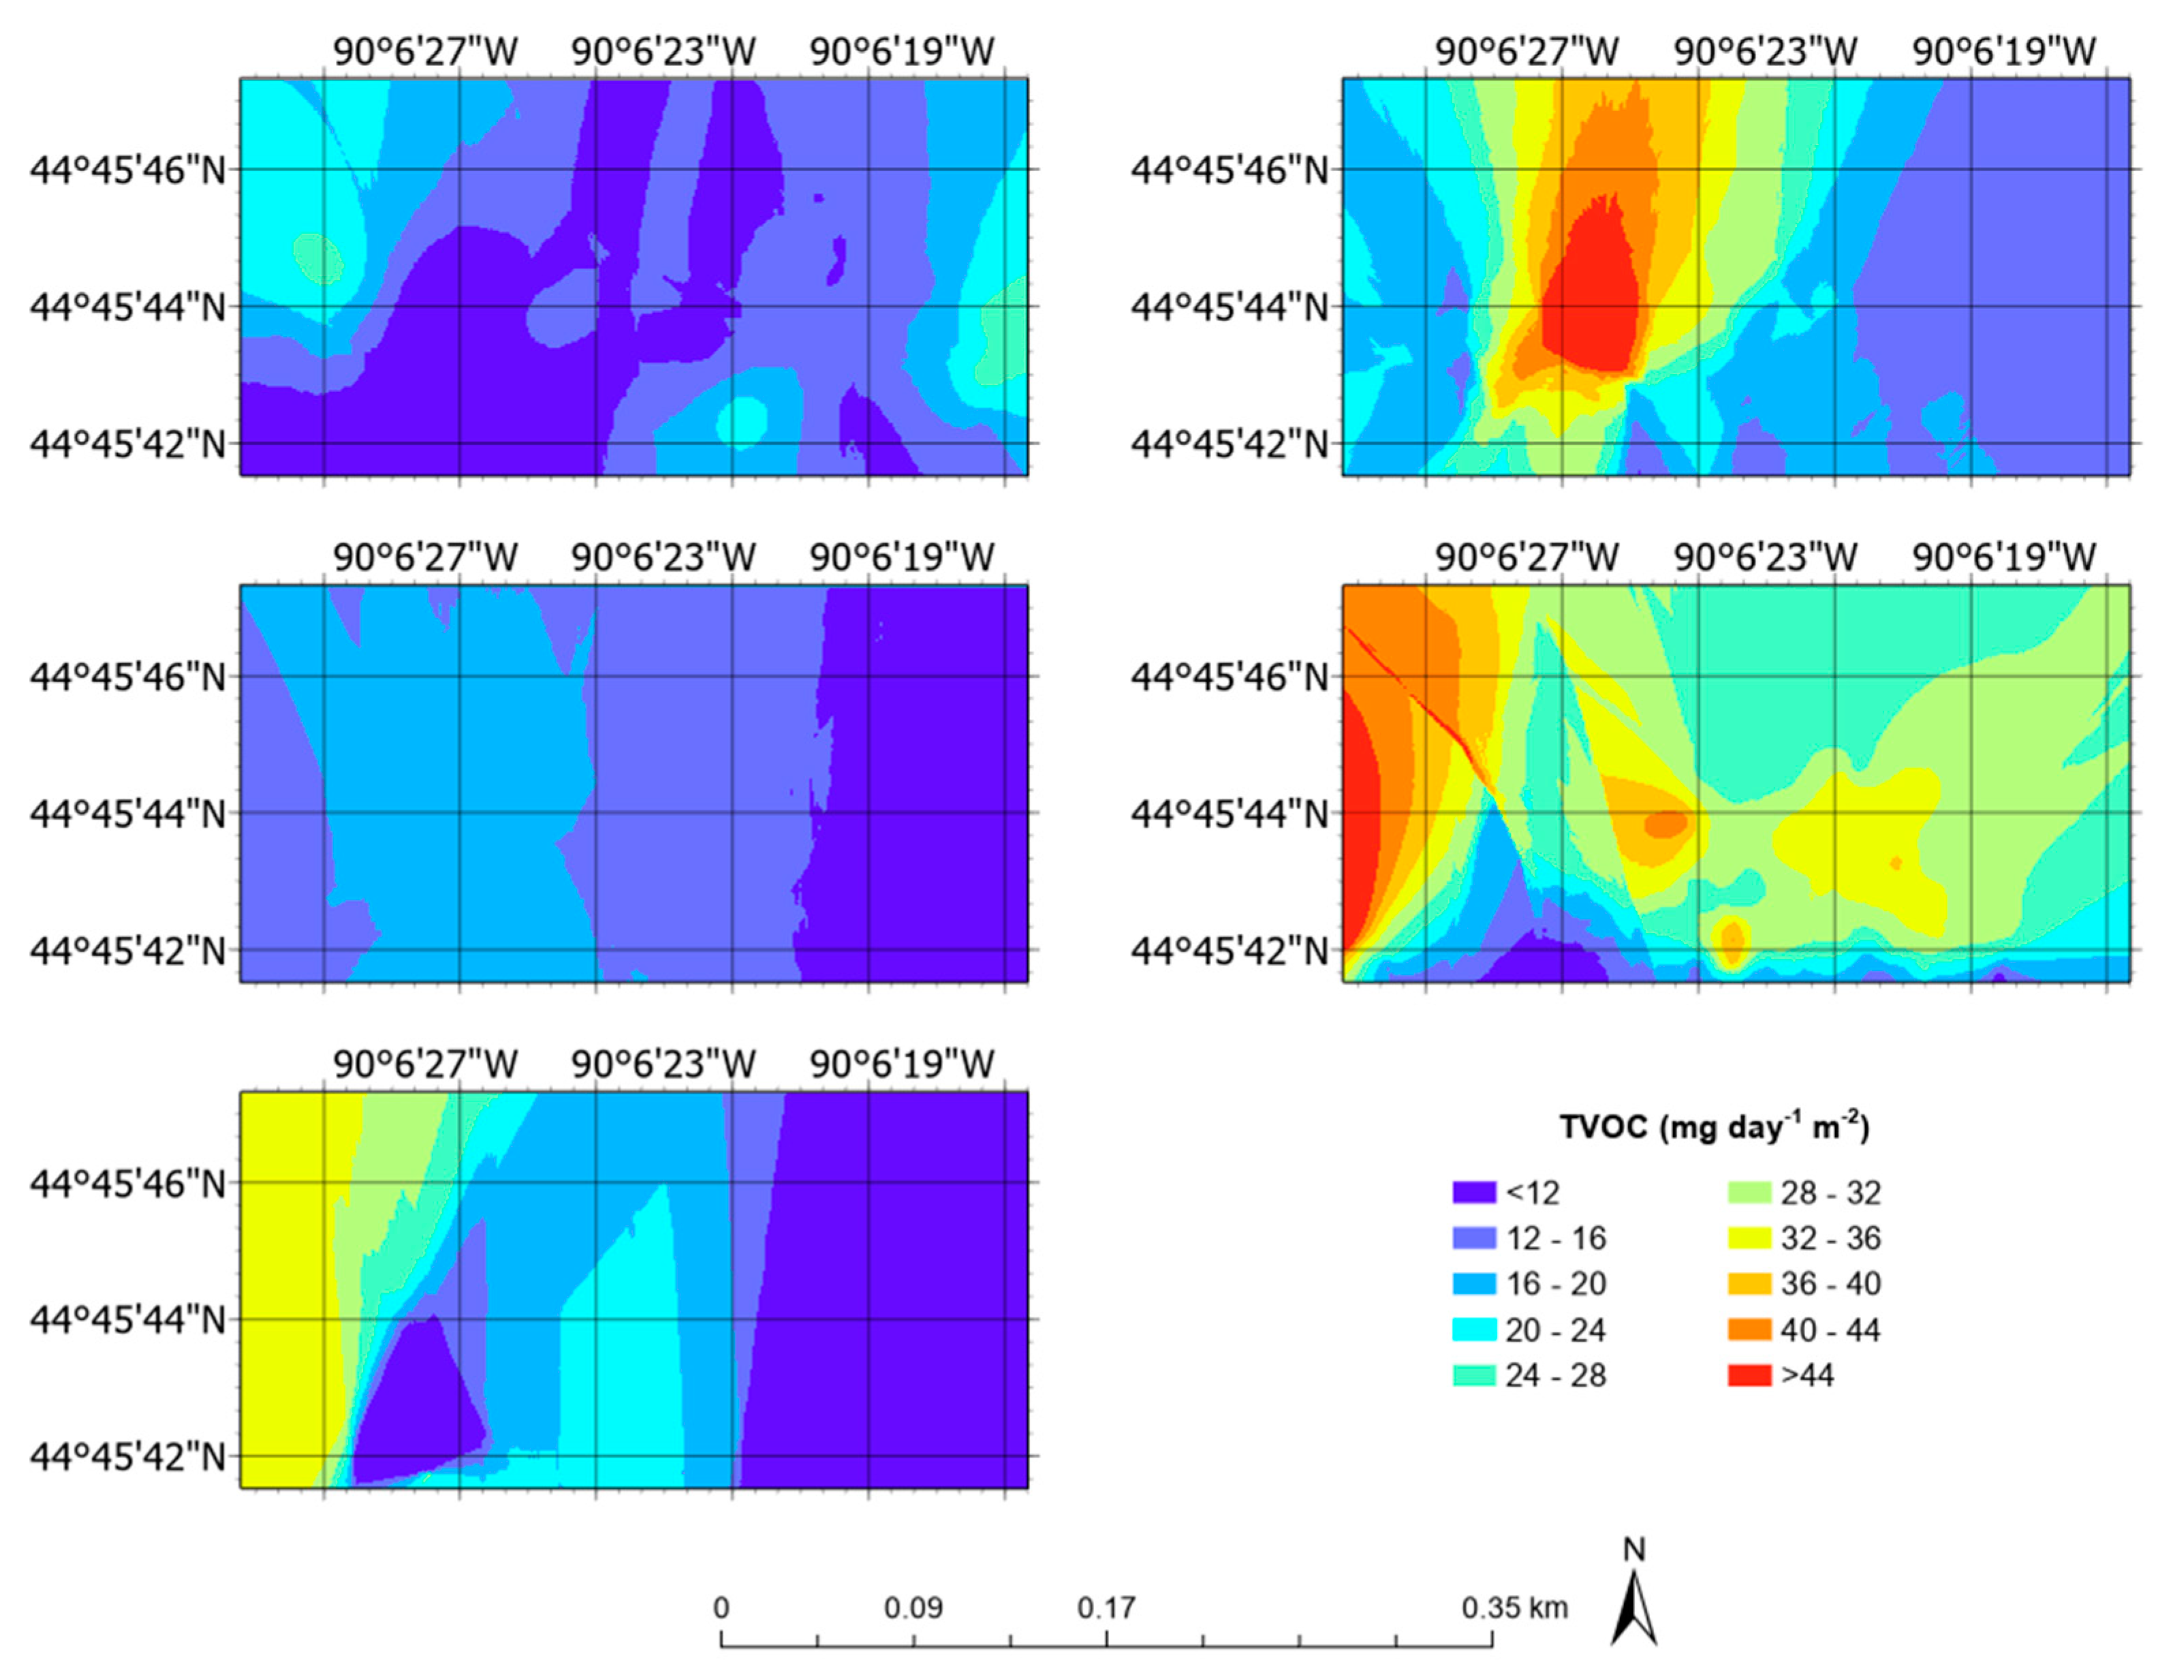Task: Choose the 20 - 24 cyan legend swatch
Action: pyautogui.click(x=1473, y=1329)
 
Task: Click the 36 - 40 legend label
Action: pyautogui.click(x=1831, y=1283)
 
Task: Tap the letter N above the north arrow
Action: pyautogui.click(x=1633, y=1549)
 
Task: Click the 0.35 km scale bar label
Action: pyautogui.click(x=1514, y=1607)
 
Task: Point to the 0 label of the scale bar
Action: pyautogui.click(x=721, y=1607)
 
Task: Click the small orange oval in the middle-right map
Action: pyautogui.click(x=1666, y=823)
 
